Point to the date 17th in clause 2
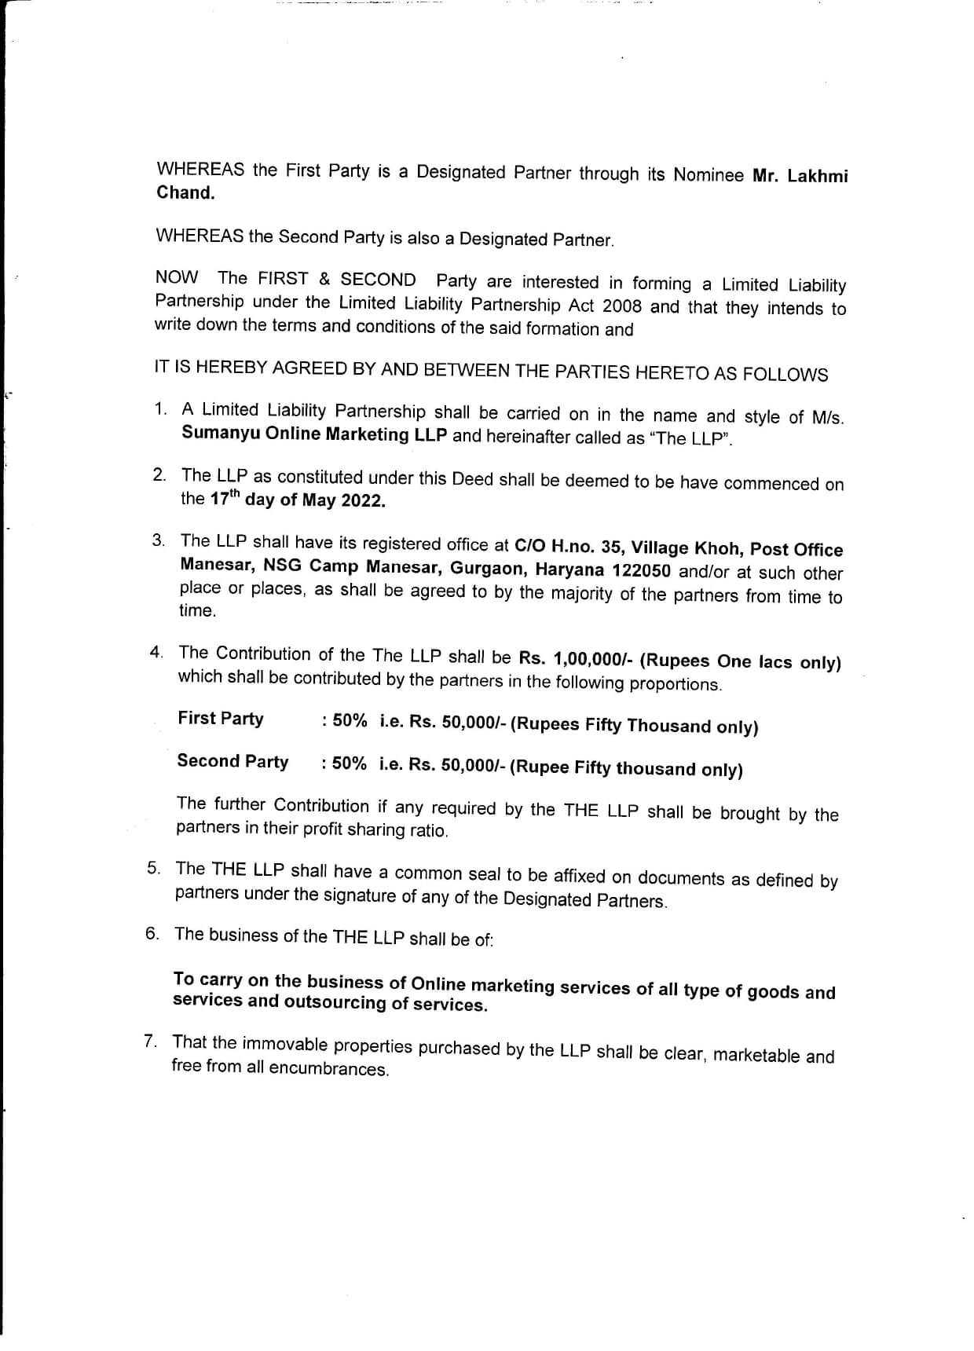222,498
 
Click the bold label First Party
221,719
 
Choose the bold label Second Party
233,761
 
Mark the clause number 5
153,868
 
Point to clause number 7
149,1042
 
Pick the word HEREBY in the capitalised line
228,367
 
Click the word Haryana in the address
570,570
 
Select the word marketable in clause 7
755,1055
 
